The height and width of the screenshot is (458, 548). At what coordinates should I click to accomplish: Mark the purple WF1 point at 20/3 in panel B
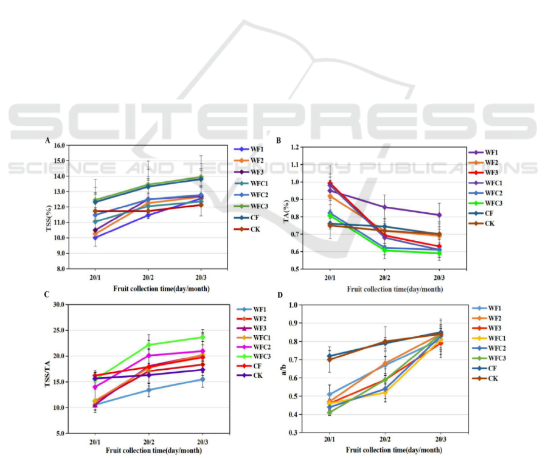pyautogui.click(x=439, y=215)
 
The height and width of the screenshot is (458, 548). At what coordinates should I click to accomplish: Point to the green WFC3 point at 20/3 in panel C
pyautogui.click(x=202, y=337)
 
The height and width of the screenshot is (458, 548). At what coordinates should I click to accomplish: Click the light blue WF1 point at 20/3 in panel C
pyautogui.click(x=202, y=380)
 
